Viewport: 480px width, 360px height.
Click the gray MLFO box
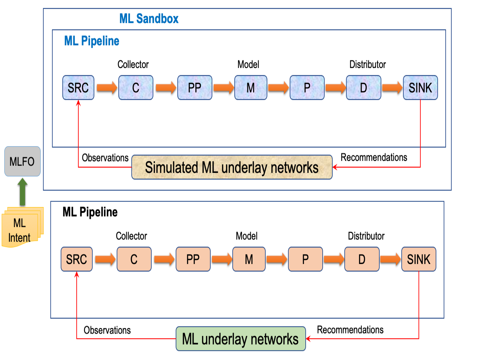coord(22,161)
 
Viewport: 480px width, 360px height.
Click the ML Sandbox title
coord(149,19)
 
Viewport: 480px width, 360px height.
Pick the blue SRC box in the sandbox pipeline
coord(78,88)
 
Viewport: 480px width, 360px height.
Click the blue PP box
coord(195,88)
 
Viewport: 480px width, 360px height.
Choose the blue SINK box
coord(420,88)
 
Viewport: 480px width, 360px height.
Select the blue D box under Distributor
coord(363,88)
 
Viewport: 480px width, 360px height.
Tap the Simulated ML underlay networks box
coord(232,167)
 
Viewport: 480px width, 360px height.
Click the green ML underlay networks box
coord(241,339)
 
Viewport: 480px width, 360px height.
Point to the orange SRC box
coord(77,259)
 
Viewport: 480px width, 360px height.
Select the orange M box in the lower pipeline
coord(249,259)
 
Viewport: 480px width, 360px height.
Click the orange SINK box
coord(419,259)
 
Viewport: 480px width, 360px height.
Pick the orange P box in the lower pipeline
coord(305,259)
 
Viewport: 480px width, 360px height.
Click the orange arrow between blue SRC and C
coord(107,88)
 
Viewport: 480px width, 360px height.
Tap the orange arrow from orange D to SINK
coord(390,259)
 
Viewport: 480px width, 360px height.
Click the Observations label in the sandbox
coord(105,158)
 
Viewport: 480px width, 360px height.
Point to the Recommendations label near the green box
coord(350,330)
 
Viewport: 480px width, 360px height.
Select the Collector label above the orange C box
coord(131,236)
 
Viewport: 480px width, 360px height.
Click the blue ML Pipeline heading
coord(92,41)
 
